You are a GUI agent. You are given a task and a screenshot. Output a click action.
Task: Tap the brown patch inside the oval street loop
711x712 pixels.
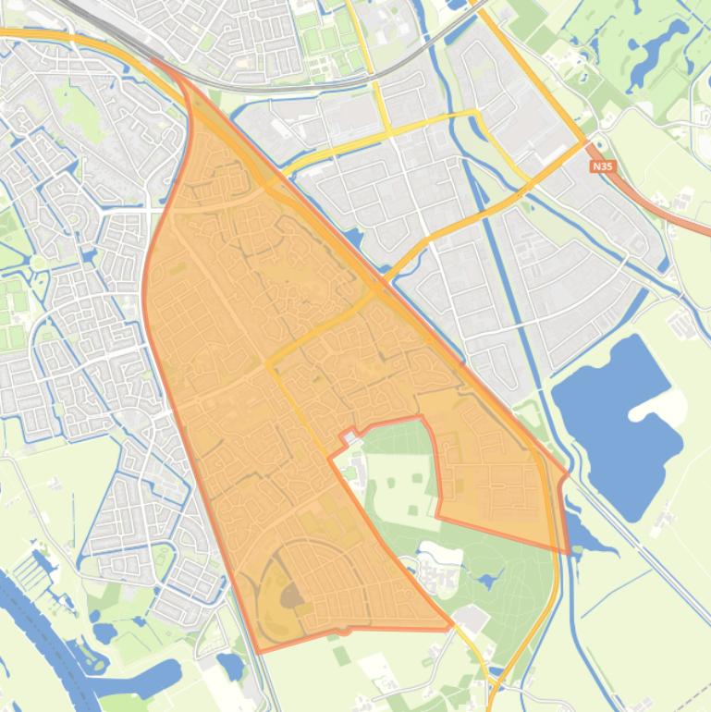click(x=292, y=597)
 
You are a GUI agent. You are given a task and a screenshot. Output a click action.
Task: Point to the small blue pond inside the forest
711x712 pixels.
click(x=486, y=582)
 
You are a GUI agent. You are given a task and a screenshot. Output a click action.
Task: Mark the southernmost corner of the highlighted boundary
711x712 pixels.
click(x=260, y=651)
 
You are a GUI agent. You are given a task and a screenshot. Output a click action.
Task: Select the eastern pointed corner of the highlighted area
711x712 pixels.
click(x=567, y=476)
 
